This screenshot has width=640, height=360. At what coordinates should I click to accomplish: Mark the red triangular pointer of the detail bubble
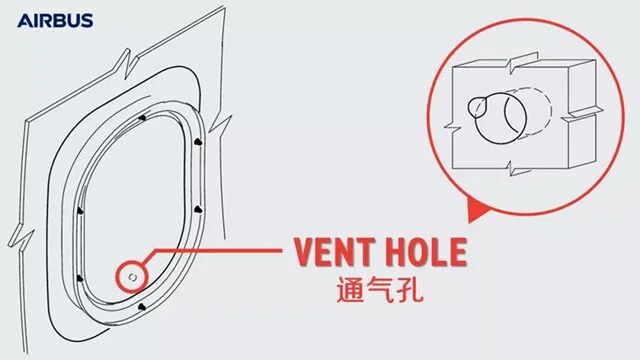[x=477, y=210]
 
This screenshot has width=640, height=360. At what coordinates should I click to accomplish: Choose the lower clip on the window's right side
[x=197, y=209]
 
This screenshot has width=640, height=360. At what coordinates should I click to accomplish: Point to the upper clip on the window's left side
[x=79, y=212]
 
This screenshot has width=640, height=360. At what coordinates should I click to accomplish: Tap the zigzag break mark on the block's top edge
[x=513, y=62]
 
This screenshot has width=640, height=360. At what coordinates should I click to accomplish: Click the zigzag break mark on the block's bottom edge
[x=512, y=171]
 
